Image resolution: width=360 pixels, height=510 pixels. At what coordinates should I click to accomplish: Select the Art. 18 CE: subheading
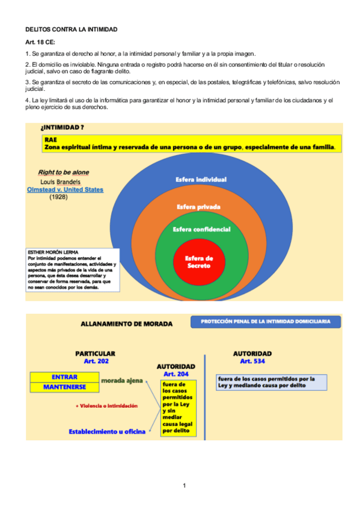40,43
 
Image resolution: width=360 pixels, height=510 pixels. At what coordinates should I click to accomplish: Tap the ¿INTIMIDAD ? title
62,127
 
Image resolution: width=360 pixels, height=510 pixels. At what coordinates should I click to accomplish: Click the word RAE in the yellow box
50,140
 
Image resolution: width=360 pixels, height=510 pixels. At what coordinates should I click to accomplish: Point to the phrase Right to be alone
63,172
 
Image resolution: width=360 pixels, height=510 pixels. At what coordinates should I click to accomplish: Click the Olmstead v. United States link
66,189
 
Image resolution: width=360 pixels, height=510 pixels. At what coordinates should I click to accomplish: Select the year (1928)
58,197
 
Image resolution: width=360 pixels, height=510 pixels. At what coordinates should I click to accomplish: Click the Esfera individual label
201,179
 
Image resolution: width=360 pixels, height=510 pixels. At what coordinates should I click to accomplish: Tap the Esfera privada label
198,206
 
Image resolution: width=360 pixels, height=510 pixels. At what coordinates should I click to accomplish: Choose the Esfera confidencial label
201,229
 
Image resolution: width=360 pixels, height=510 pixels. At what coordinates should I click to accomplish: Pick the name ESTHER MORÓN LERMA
53,251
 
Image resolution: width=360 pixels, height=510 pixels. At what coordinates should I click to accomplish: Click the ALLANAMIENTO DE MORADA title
126,324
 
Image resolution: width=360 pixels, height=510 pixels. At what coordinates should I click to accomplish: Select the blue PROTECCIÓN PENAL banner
265,322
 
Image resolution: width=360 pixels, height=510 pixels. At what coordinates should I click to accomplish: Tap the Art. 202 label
95,361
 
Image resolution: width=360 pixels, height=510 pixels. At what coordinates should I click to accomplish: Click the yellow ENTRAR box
64,377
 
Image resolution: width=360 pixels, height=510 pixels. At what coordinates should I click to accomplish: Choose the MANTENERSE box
64,387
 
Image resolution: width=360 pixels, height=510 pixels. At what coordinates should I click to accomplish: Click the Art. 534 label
252,361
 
